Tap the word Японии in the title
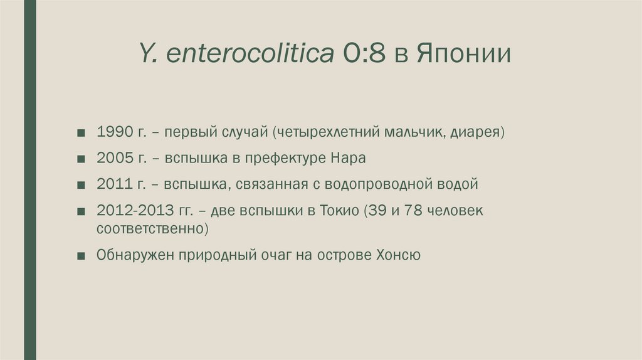pos(460,54)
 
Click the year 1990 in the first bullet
pos(113,133)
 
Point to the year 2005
pos(113,159)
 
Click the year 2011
pos(113,185)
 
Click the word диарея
pos(475,133)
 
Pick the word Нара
pos(347,159)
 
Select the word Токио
pos(339,211)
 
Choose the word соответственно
pos(152,229)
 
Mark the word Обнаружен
pos(134,255)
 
